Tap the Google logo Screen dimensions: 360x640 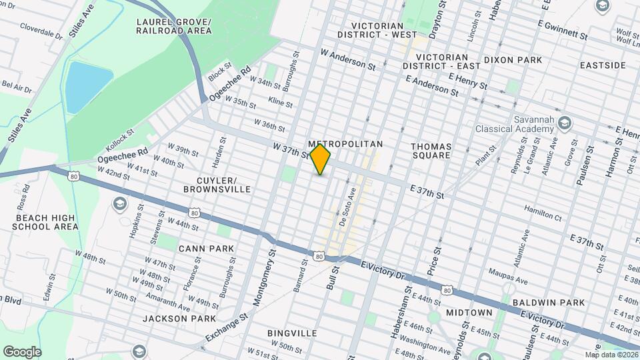click(x=22, y=351)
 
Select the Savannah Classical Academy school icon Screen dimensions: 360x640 click(x=565, y=123)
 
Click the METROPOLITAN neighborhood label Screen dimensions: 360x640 click(x=346, y=144)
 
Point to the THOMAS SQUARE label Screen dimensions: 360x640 click(x=431, y=151)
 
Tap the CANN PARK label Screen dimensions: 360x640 click(x=206, y=249)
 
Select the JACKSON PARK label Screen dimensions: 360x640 click(x=179, y=319)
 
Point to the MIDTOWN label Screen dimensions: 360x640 click(x=469, y=312)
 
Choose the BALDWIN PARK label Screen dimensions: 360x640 click(x=549, y=302)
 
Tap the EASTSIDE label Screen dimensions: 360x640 click(x=603, y=65)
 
